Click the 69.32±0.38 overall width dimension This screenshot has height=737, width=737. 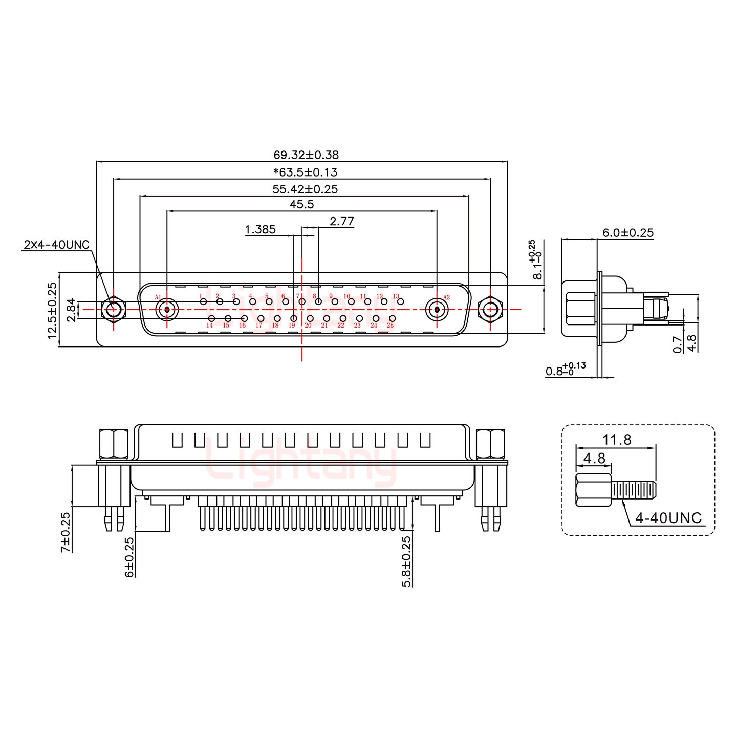306,155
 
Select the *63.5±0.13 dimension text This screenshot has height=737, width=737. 305,172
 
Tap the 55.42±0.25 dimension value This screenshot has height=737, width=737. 305,189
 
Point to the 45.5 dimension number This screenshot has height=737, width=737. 301,204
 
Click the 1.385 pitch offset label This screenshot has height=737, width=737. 260,229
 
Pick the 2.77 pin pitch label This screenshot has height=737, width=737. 341,221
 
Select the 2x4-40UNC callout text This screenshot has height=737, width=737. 57,245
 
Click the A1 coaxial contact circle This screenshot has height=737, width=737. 167,309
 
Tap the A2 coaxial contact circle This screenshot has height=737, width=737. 437,309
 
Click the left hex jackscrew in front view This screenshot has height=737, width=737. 112,309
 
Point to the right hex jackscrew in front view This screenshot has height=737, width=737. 490,309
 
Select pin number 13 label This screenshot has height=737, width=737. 396,296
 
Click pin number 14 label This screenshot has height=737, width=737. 210,326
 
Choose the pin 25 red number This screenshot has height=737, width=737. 390,326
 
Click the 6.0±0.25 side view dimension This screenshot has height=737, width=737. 627,233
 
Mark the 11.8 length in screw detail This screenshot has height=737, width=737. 616,439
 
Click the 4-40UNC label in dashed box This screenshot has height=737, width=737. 668,518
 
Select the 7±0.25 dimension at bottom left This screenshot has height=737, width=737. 65,532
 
